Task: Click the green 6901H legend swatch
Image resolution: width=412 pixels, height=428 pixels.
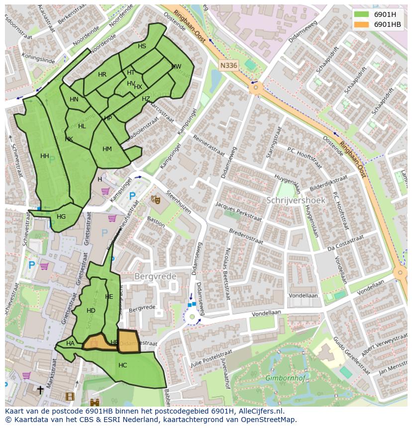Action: (x=362, y=14)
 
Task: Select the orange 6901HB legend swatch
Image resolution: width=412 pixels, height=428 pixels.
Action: (x=362, y=24)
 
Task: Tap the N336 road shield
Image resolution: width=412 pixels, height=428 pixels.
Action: (x=228, y=65)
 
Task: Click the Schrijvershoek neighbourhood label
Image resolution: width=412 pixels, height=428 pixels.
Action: (x=296, y=200)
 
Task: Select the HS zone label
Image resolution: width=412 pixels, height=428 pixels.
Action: (x=142, y=46)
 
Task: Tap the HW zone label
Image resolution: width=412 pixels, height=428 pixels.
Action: (x=176, y=67)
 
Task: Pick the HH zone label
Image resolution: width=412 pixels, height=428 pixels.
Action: (x=45, y=156)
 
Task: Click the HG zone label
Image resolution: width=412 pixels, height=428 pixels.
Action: (x=61, y=217)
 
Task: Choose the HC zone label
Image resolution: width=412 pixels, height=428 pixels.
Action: (x=122, y=365)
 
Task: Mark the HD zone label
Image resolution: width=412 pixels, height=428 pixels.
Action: (x=91, y=311)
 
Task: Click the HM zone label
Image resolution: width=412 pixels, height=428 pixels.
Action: (x=107, y=149)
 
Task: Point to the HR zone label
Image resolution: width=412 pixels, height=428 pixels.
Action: (x=102, y=75)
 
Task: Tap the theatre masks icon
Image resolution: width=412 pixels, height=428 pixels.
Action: (x=155, y=199)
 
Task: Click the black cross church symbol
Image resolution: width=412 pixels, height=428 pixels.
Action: (x=40, y=390)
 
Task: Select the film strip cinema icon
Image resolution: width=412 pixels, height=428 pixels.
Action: (x=70, y=396)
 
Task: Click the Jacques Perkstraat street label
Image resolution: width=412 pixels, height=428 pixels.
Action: (x=238, y=211)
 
